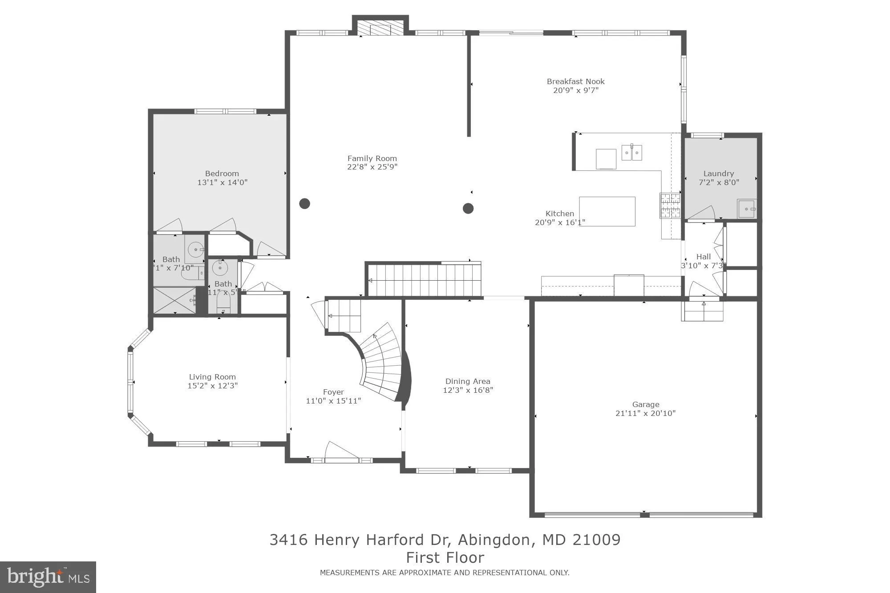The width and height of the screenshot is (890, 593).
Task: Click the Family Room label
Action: click(372, 158)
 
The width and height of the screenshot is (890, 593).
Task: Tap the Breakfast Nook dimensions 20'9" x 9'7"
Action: click(575, 90)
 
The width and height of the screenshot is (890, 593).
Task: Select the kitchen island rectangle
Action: click(607, 211)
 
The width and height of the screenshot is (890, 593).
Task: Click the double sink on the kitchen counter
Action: click(631, 153)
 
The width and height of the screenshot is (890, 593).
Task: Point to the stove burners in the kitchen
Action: click(670, 206)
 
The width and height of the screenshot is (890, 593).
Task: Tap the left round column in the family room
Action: click(304, 204)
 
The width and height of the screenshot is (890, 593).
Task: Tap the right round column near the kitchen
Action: click(468, 208)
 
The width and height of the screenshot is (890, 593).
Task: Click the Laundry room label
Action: click(718, 173)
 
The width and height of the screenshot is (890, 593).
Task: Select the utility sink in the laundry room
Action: click(746, 209)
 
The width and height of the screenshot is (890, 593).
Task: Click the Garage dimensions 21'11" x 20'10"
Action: click(645, 413)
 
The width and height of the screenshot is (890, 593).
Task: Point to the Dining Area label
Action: click(468, 381)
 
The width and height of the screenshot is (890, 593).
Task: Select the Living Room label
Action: click(212, 377)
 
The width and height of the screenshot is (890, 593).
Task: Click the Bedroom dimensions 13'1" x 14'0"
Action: click(222, 182)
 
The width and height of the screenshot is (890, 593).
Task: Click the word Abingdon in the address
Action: click(494, 540)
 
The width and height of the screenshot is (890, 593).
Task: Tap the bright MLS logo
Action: click(48, 577)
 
